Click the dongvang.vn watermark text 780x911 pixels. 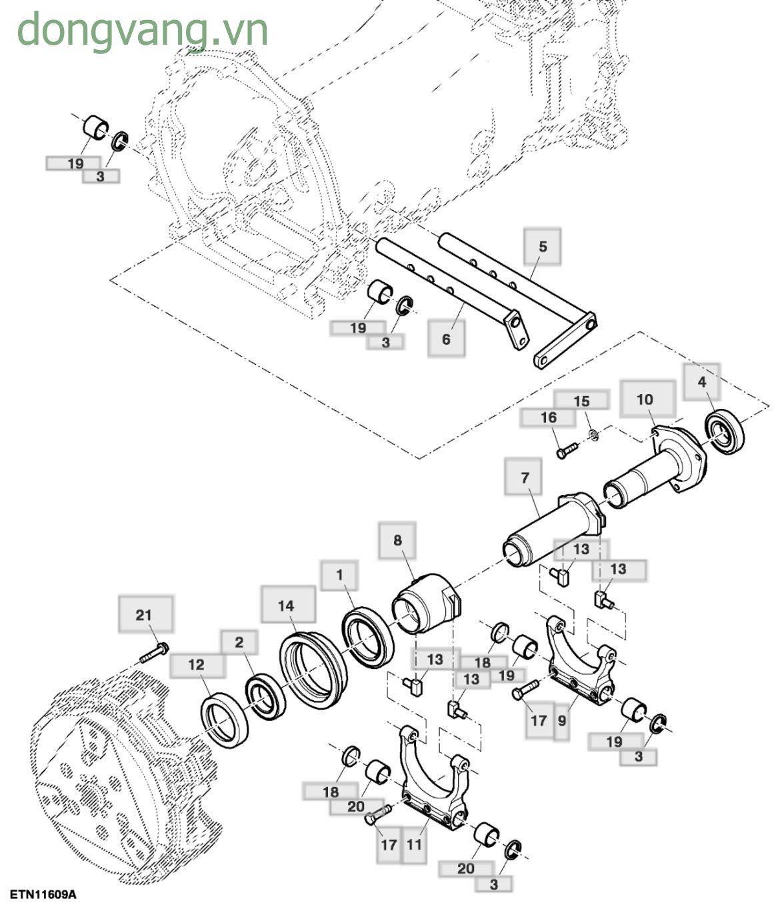click(x=142, y=30)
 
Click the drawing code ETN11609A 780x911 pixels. click(x=43, y=894)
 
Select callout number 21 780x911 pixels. click(x=145, y=614)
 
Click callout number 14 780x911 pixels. click(x=287, y=605)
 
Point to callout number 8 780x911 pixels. click(x=397, y=540)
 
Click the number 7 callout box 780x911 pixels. click(x=524, y=477)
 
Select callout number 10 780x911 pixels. click(x=645, y=399)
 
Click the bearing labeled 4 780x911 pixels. click(x=725, y=432)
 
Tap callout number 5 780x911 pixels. click(x=542, y=246)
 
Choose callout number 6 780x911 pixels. click(x=446, y=338)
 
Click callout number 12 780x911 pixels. click(x=196, y=665)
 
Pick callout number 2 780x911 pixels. click(x=239, y=642)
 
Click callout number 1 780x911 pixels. click(x=339, y=575)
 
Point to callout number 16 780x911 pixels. click(x=548, y=417)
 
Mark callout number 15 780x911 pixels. click(x=581, y=400)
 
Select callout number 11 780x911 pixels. click(x=414, y=844)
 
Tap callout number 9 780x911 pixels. click(x=562, y=720)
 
